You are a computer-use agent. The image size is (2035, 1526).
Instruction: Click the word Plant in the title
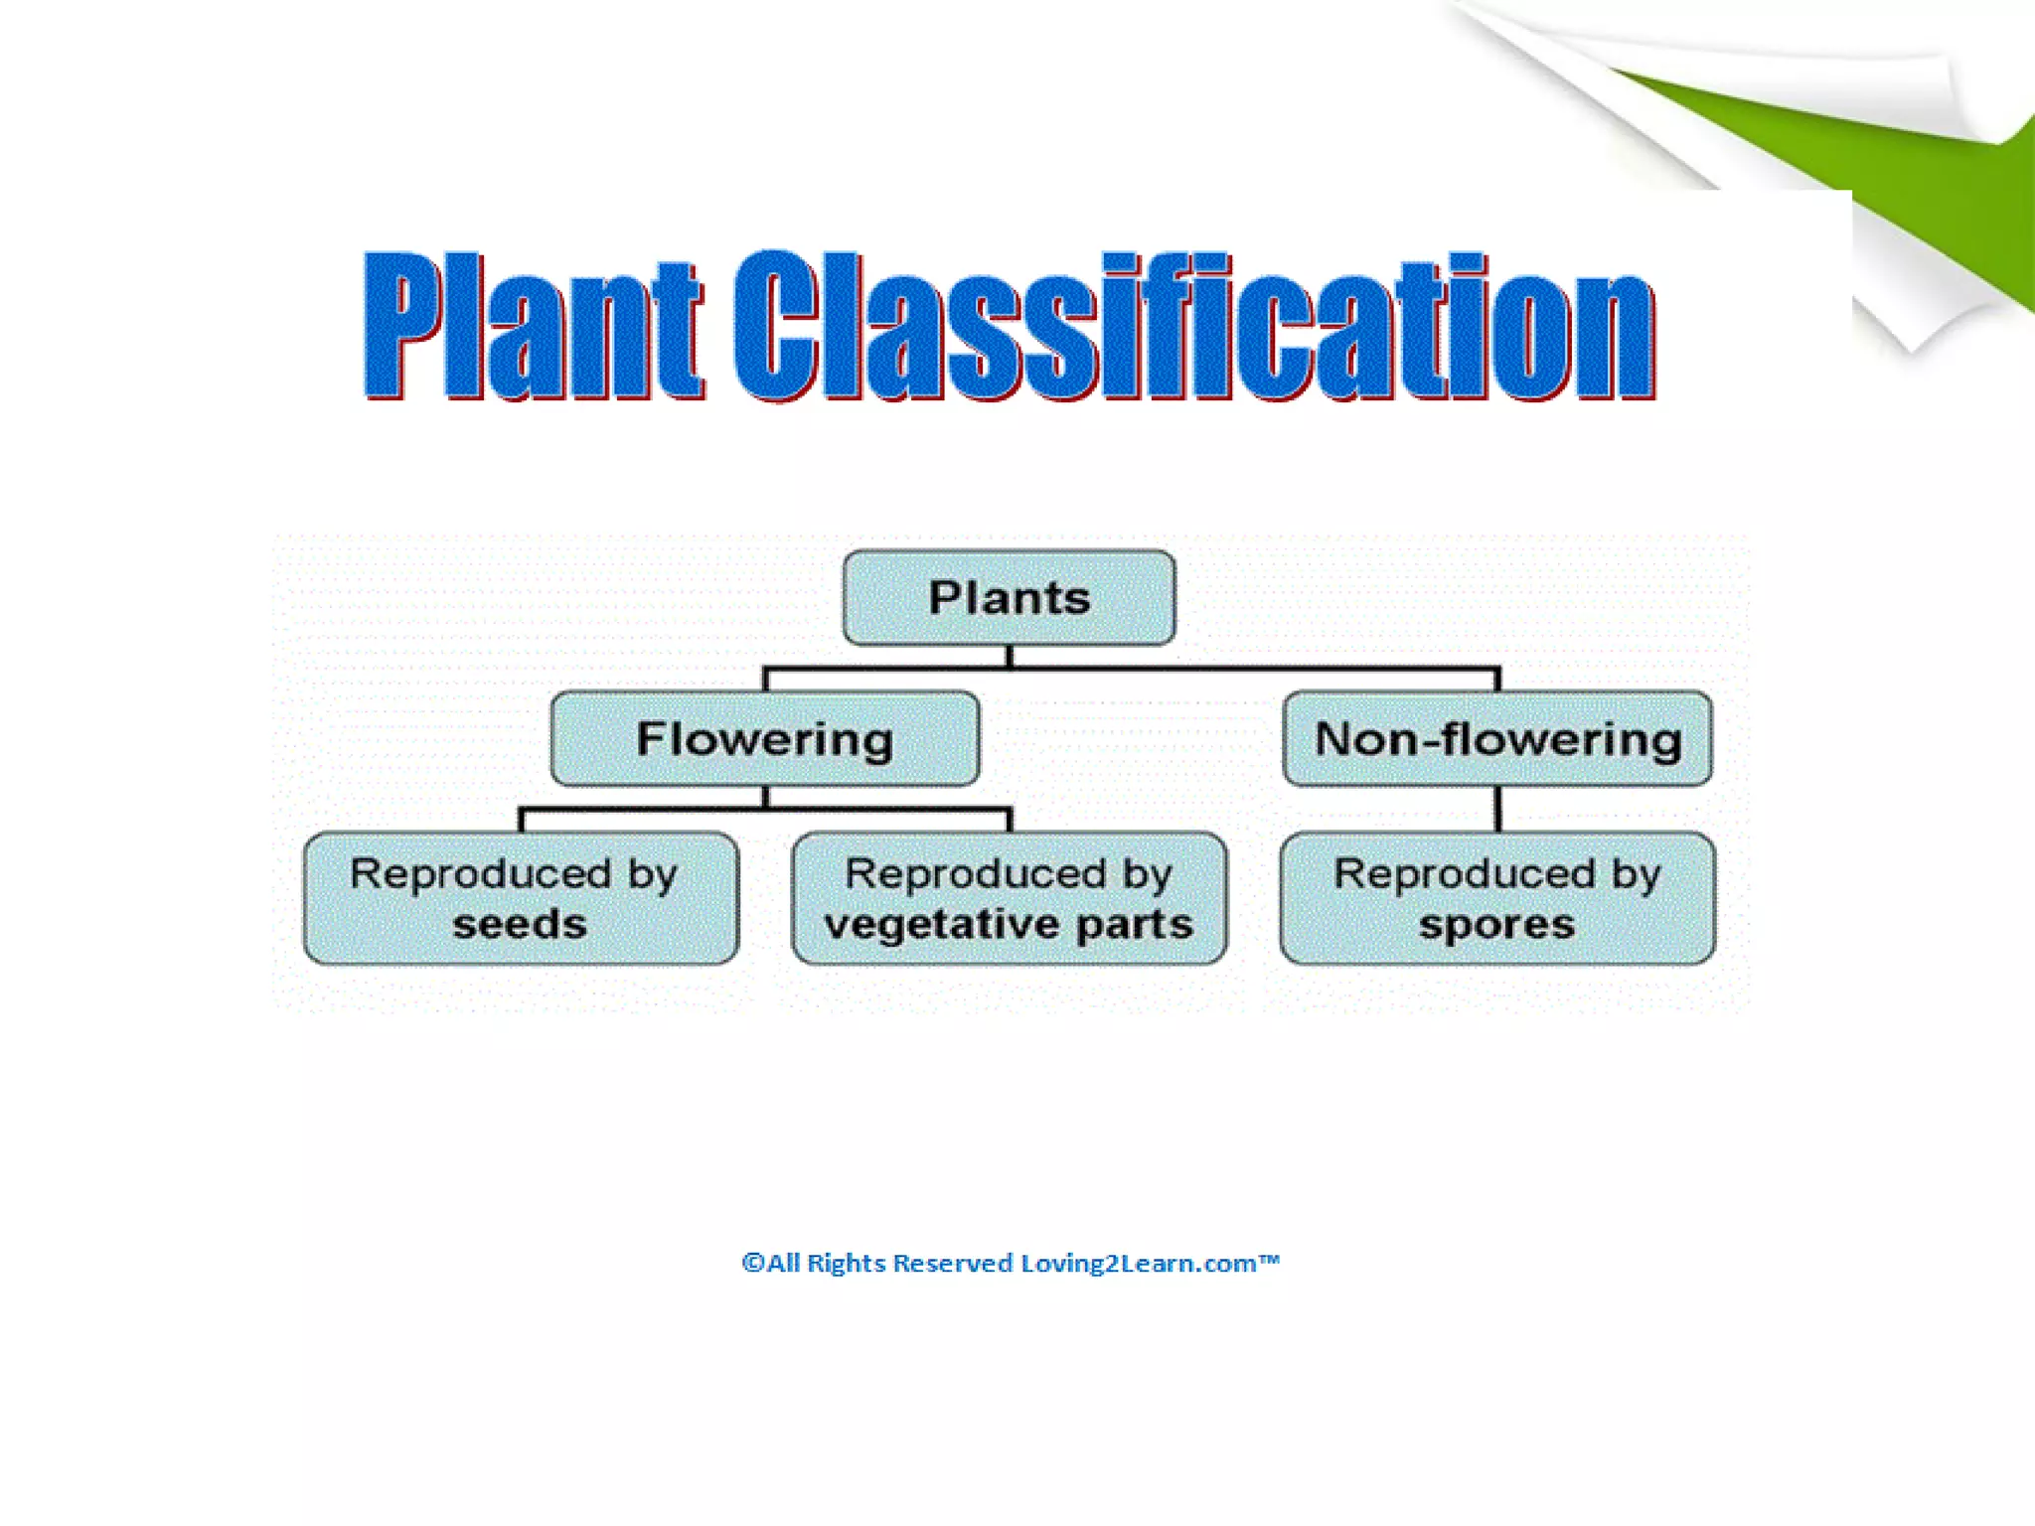pyautogui.click(x=534, y=325)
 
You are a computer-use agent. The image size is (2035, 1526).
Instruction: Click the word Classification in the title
pyautogui.click(x=1194, y=325)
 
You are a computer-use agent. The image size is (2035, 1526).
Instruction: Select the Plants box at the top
pyautogui.click(x=1009, y=598)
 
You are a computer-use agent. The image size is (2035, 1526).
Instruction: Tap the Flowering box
pyautogui.click(x=764, y=739)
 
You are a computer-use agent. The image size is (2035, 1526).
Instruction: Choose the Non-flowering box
pyautogui.click(x=1497, y=739)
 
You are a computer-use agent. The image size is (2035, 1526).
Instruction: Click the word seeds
pyautogui.click(x=520, y=925)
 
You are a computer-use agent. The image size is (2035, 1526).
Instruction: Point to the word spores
pyautogui.click(x=1496, y=925)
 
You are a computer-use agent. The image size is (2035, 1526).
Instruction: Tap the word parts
pyautogui.click(x=1134, y=925)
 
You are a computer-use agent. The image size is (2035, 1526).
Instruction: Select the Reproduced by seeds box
pyautogui.click(x=521, y=898)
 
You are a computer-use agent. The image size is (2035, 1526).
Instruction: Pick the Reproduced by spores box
pyautogui.click(x=1497, y=898)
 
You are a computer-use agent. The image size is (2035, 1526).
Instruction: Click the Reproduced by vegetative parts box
pyautogui.click(x=1009, y=898)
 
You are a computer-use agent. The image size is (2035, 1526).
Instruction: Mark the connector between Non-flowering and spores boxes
pyautogui.click(x=1497, y=809)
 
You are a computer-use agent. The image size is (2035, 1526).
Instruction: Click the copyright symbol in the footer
pyautogui.click(x=753, y=1263)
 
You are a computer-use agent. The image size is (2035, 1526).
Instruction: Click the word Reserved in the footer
pyautogui.click(x=952, y=1263)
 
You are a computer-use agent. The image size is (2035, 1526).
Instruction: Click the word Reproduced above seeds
pyautogui.click(x=480, y=874)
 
